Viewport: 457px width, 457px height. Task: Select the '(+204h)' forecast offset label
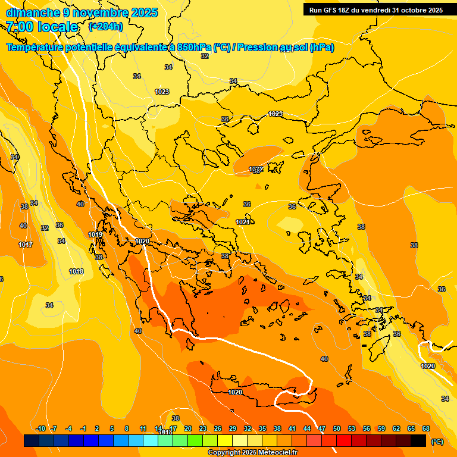tap(105, 26)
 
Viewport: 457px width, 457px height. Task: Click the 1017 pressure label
tap(26, 245)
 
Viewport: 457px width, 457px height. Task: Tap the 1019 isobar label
tap(95, 235)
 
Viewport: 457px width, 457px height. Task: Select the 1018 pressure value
tap(76, 271)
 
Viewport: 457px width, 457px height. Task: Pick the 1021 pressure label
tap(243, 222)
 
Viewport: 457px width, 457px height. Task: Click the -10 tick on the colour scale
tap(40, 428)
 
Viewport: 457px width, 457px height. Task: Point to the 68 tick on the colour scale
tap(426, 428)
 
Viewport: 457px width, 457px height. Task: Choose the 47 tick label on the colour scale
tap(322, 428)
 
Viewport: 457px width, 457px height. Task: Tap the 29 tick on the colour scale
tap(233, 428)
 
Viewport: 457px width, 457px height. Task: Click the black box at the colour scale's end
tap(418, 440)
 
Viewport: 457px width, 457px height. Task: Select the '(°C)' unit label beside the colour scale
tap(437, 441)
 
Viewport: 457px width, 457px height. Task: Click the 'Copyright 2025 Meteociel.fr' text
tap(253, 453)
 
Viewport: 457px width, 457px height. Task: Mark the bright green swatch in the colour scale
tap(195, 440)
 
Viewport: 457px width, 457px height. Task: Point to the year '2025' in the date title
tap(144, 12)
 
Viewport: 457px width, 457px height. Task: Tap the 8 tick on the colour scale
tap(127, 428)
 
